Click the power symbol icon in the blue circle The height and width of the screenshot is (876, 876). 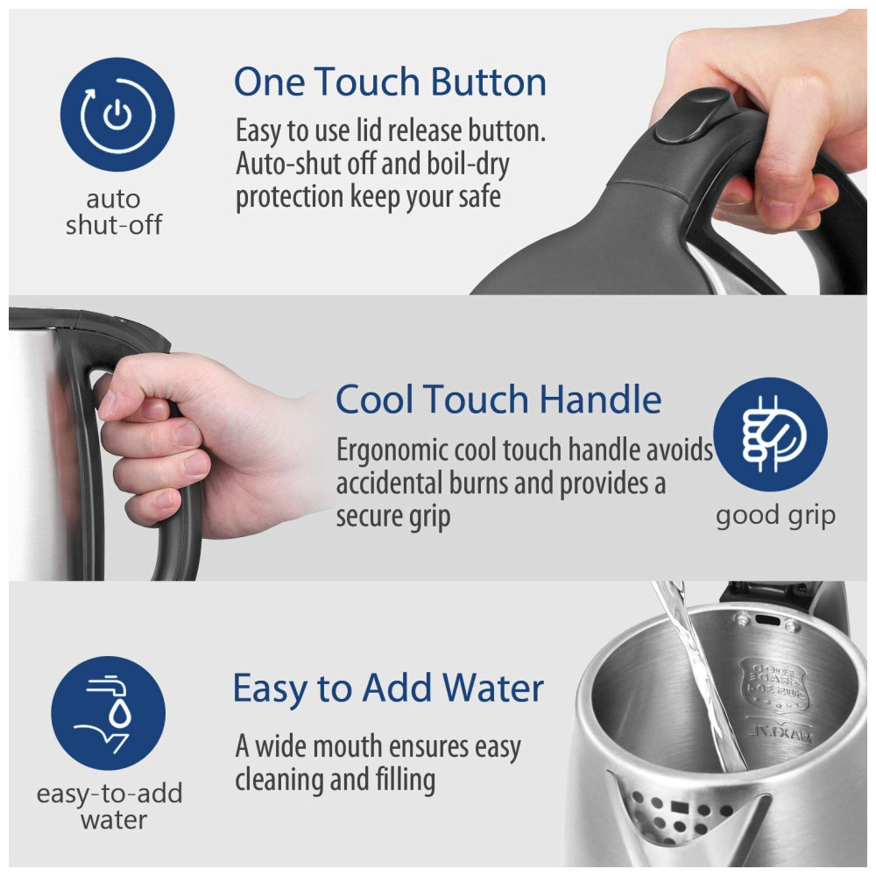(x=117, y=115)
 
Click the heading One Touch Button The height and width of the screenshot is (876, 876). (x=390, y=81)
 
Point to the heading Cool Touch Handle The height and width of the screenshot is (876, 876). (x=498, y=399)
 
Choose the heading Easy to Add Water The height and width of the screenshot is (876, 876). (x=388, y=688)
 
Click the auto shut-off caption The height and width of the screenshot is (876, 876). (x=113, y=212)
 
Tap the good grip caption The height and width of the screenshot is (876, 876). (x=775, y=516)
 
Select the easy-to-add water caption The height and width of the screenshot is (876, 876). (x=110, y=806)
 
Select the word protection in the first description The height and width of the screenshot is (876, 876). (x=289, y=197)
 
